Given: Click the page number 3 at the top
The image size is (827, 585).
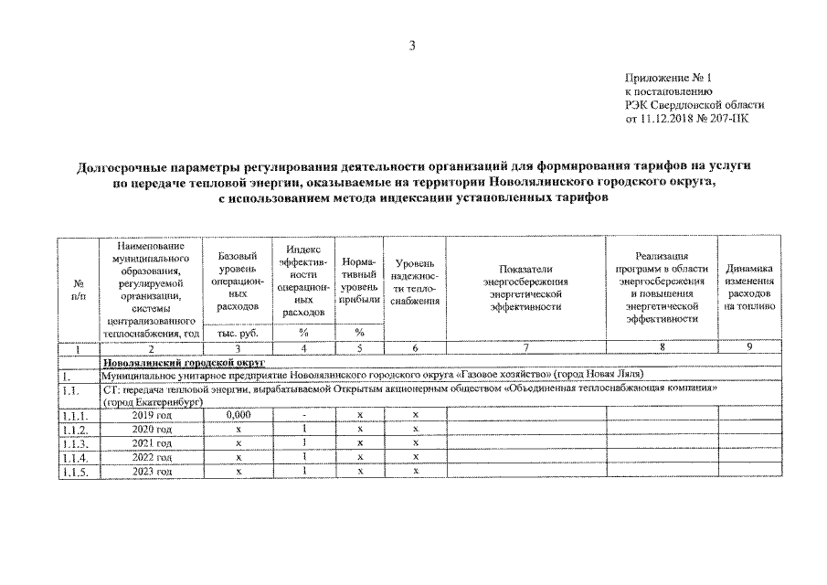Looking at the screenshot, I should click(412, 48).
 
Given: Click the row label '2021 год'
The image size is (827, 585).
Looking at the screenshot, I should click(151, 443).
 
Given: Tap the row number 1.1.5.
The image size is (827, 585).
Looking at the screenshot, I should click(77, 472).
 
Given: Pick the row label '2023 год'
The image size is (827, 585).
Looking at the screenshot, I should click(151, 472).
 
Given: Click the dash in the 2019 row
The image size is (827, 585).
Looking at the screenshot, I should click(302, 415).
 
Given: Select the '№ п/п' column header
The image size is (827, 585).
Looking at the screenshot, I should click(77, 290).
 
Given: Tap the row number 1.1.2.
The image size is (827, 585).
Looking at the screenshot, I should click(77, 430).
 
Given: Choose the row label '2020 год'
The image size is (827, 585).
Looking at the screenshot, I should click(151, 430).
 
